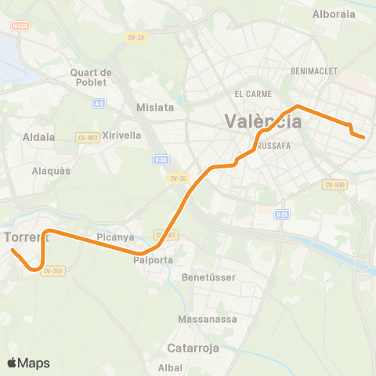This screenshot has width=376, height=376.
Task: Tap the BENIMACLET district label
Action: [313, 70]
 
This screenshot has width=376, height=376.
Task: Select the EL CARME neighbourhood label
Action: [253, 93]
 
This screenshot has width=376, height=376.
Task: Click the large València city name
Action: [262, 121]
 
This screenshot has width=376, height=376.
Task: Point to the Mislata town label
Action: [154, 107]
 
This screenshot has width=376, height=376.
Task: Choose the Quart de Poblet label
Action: [92, 78]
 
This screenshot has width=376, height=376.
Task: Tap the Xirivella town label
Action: [121, 135]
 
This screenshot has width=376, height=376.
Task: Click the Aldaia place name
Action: [39, 137]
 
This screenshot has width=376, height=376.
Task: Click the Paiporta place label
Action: [153, 260]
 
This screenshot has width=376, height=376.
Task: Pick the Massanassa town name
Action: [202, 320]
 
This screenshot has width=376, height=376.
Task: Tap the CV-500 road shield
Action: [334, 185]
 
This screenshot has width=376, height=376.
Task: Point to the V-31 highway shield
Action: [282, 214]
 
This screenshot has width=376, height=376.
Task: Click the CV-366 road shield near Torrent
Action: [52, 271]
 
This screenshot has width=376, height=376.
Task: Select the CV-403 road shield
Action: [88, 137]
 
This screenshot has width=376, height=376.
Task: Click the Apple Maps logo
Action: [28, 363]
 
